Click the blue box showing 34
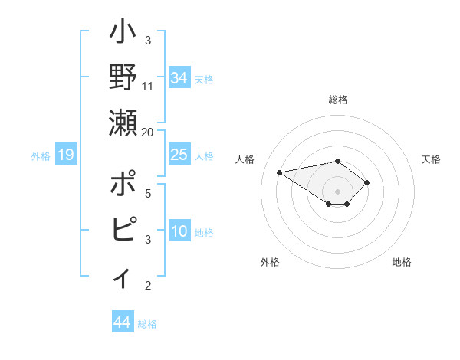179,77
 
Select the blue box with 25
179,155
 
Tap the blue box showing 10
179,231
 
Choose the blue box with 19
66,155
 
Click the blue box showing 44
122,322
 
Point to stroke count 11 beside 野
148,87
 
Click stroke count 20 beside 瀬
148,132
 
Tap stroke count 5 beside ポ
148,194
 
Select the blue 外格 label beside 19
41,156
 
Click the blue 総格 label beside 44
147,323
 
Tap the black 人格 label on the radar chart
245,159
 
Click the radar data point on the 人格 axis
279,172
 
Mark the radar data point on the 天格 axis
367,182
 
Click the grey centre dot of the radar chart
337,191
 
